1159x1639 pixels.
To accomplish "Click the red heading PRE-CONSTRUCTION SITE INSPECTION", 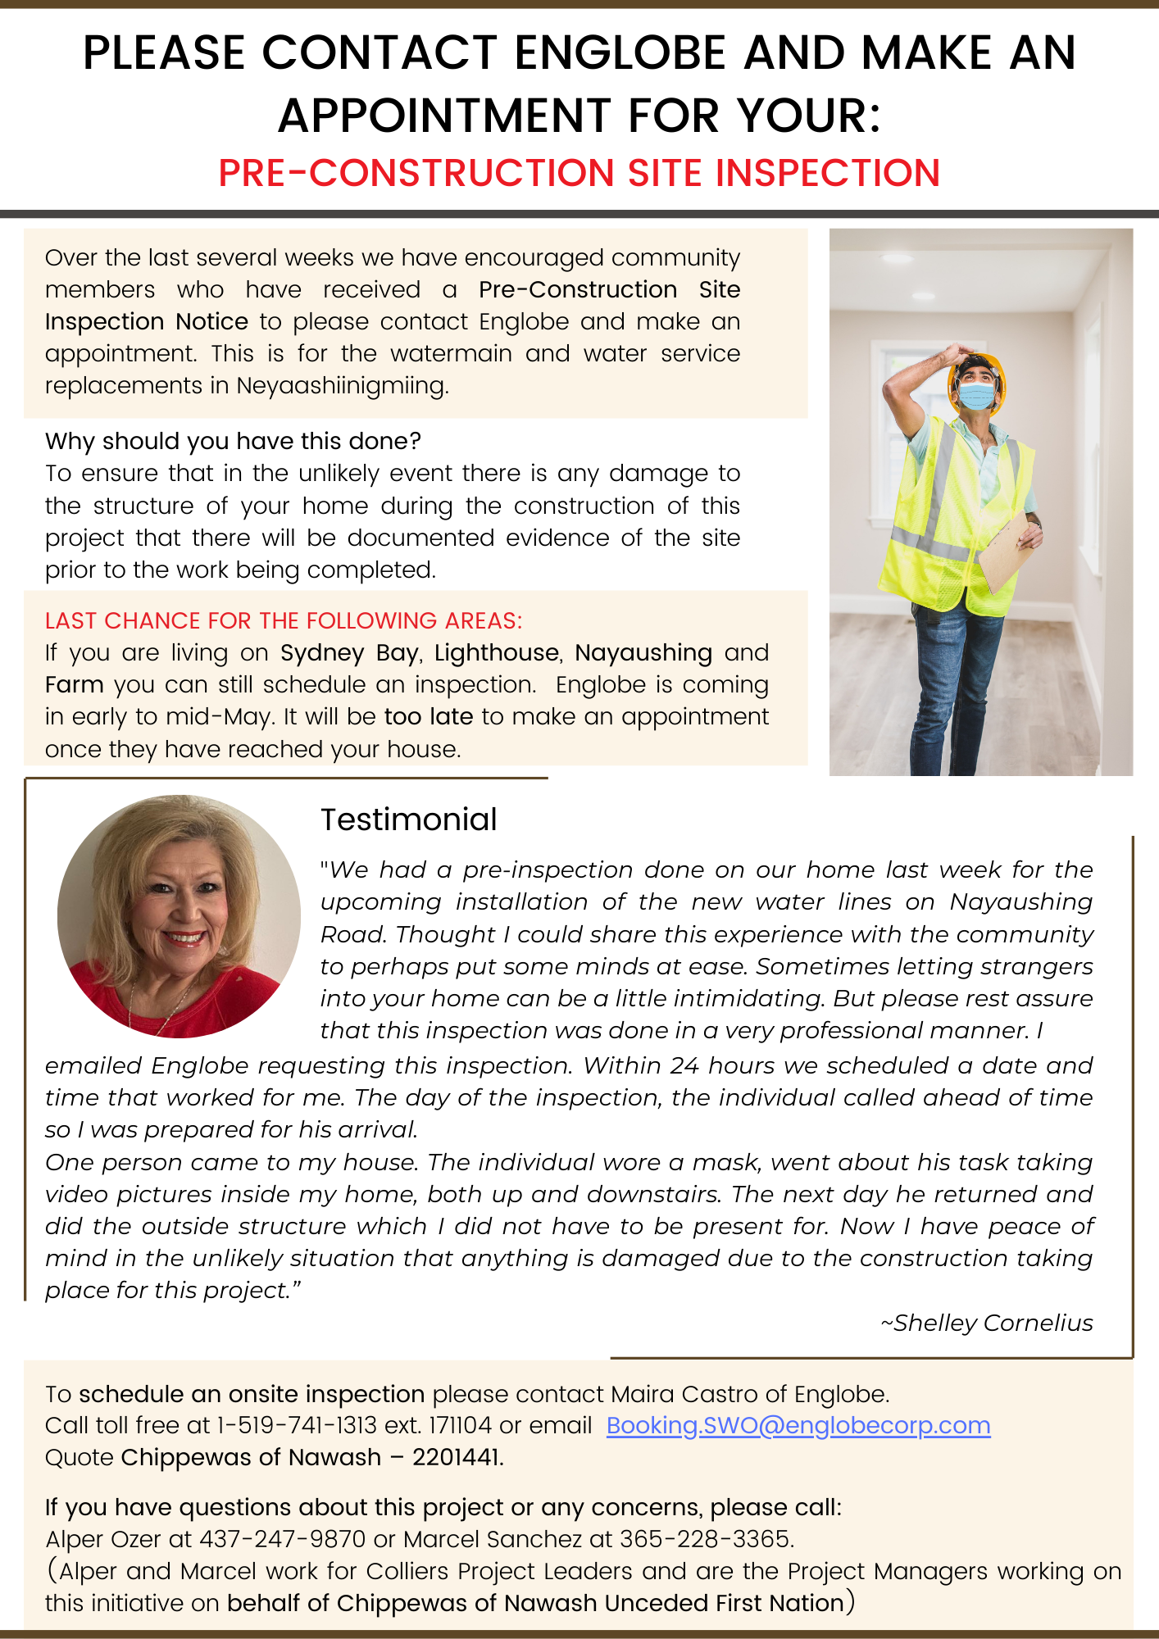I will tap(579, 173).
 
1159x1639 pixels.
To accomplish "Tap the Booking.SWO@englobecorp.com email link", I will tap(798, 1425).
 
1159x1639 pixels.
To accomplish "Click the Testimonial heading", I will tap(408, 819).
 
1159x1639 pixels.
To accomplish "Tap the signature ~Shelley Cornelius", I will tap(986, 1323).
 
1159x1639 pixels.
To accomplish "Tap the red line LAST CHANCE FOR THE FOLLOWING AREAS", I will tap(284, 620).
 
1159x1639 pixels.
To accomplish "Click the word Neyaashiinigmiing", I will tap(342, 385).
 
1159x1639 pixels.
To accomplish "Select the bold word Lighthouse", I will tap(497, 652).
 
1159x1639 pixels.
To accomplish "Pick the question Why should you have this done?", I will tap(233, 441).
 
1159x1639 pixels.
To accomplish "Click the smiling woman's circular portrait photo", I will tap(179, 916).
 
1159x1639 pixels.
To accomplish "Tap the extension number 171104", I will tap(461, 1425).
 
